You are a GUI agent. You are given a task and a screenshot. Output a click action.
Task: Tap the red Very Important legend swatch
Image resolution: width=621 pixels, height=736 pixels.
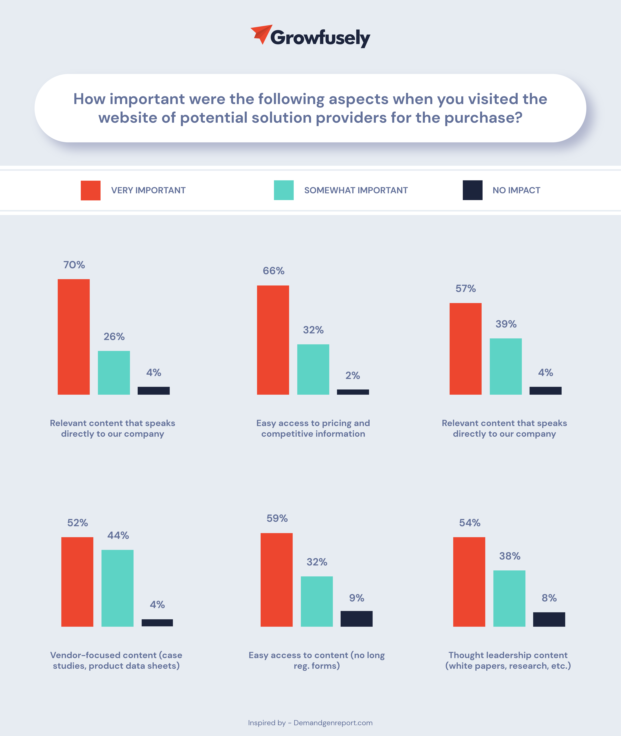pyautogui.click(x=90, y=190)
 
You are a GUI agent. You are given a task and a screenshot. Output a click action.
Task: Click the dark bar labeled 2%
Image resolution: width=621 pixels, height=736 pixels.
pyautogui.click(x=353, y=392)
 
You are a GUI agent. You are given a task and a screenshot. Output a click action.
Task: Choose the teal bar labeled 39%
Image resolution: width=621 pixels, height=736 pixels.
pyautogui.click(x=506, y=366)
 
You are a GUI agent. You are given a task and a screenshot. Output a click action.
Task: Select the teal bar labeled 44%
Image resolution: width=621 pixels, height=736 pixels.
pyautogui.click(x=117, y=588)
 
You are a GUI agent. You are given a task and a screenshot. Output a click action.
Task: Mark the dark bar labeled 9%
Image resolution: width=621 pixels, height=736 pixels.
pyautogui.click(x=356, y=619)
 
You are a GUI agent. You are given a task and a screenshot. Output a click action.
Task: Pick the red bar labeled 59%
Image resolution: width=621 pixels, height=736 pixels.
pyautogui.click(x=276, y=580)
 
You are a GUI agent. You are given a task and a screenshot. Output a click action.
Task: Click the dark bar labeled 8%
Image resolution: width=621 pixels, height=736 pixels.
pyautogui.click(x=549, y=619)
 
